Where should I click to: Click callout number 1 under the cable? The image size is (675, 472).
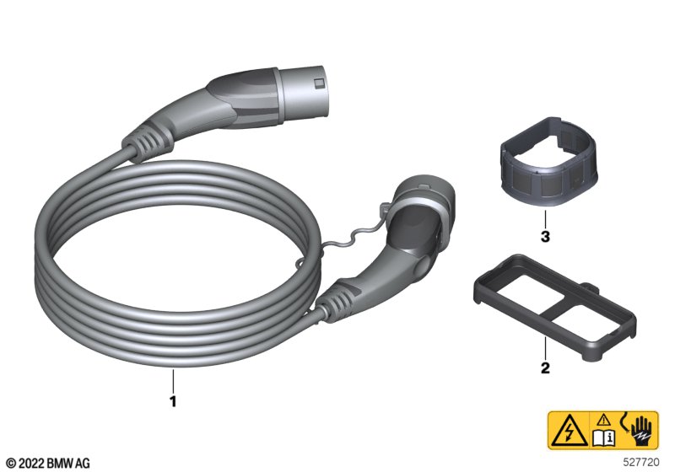[173, 401]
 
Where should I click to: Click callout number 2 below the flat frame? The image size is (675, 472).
[545, 368]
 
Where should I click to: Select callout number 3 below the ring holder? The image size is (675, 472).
[545, 237]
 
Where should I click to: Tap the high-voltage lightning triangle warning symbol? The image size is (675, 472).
[568, 431]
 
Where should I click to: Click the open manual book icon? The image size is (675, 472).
[604, 437]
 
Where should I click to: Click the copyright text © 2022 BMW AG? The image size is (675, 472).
[49, 464]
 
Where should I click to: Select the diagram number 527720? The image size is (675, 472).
[641, 463]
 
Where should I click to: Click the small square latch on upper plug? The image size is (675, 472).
[319, 83]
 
